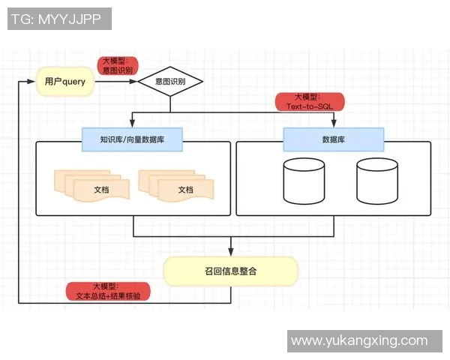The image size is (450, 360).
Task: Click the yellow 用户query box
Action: pos(65,82)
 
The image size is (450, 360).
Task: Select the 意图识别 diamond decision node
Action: pos(170,82)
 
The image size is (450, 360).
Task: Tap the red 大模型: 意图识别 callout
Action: pos(117,65)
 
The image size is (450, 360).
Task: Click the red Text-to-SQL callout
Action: pos(309,102)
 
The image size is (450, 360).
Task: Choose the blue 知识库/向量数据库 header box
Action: pos(133,139)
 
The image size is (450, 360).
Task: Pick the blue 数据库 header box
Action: pos(333,139)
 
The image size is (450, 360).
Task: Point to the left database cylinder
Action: pos(304,181)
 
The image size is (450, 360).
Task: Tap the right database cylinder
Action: pos(376,181)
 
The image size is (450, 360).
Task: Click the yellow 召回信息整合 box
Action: pos(231,271)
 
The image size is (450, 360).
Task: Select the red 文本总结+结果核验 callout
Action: pos(108,291)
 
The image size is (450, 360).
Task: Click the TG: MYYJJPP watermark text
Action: pos(59,19)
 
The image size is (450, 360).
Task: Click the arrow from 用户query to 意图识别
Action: pos(116,82)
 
